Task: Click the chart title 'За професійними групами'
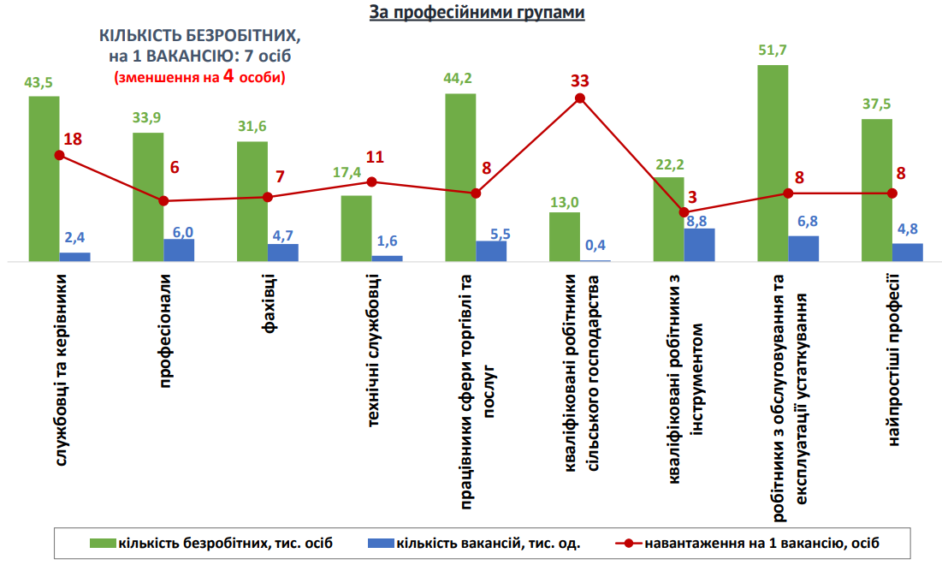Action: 477,13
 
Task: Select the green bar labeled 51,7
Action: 772,163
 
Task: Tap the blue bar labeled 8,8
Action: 699,244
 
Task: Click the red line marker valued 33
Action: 579,98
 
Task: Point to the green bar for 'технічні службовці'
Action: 356,228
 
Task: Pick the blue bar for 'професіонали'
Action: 179,249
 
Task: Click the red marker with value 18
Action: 59,155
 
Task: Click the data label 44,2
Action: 459,79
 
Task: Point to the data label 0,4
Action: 595,246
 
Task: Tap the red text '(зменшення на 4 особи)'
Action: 199,75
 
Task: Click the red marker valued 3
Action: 684,212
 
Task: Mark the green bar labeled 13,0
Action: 564,236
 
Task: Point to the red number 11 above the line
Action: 374,157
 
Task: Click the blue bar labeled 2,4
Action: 74,256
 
